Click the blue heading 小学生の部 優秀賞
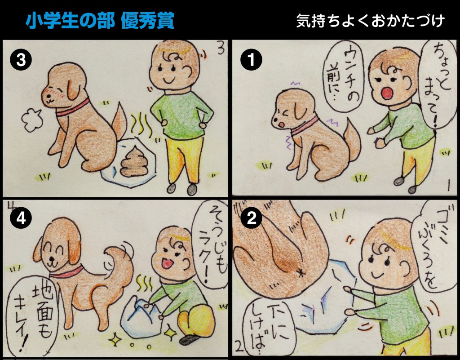pos(100,21)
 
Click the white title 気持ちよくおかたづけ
pos(370,21)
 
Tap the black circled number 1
pos(252,60)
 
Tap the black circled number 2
pos(252,218)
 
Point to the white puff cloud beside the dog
pos(32,120)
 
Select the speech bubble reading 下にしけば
pos(266,326)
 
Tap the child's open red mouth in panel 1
pos(387,93)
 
